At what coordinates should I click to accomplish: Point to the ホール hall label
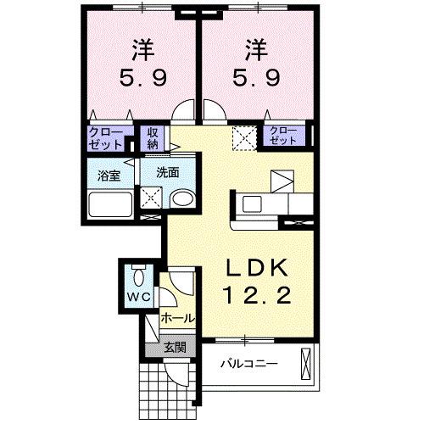[177, 320]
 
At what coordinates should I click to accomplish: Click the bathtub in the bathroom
[110, 204]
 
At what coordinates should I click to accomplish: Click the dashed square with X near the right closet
[245, 136]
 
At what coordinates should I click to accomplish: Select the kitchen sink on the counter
[253, 204]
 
